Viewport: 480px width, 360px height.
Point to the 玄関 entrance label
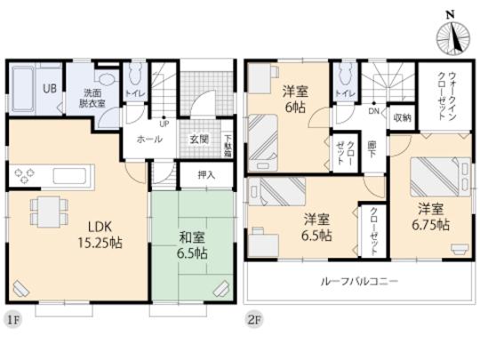tap(198, 139)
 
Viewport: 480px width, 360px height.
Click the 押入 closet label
tap(204, 174)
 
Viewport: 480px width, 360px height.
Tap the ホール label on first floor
tap(148, 140)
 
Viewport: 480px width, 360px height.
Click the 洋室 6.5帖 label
tap(317, 228)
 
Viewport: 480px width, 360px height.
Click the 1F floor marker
tap(15, 317)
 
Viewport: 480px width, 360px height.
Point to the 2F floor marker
tap(253, 317)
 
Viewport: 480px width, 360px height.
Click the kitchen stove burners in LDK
tap(24, 173)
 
